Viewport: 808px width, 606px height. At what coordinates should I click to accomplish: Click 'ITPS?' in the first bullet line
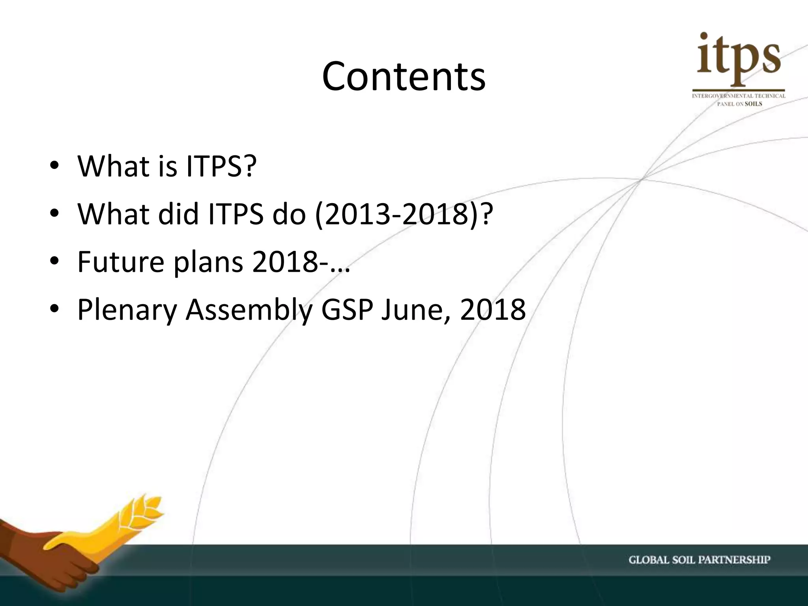click(221, 166)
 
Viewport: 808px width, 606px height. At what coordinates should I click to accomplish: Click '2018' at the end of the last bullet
click(493, 309)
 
